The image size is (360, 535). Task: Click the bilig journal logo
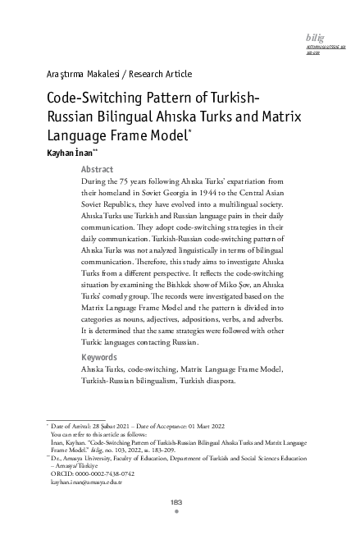pyautogui.click(x=314, y=39)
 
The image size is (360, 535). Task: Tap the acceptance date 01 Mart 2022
pyautogui.click(x=203, y=428)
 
